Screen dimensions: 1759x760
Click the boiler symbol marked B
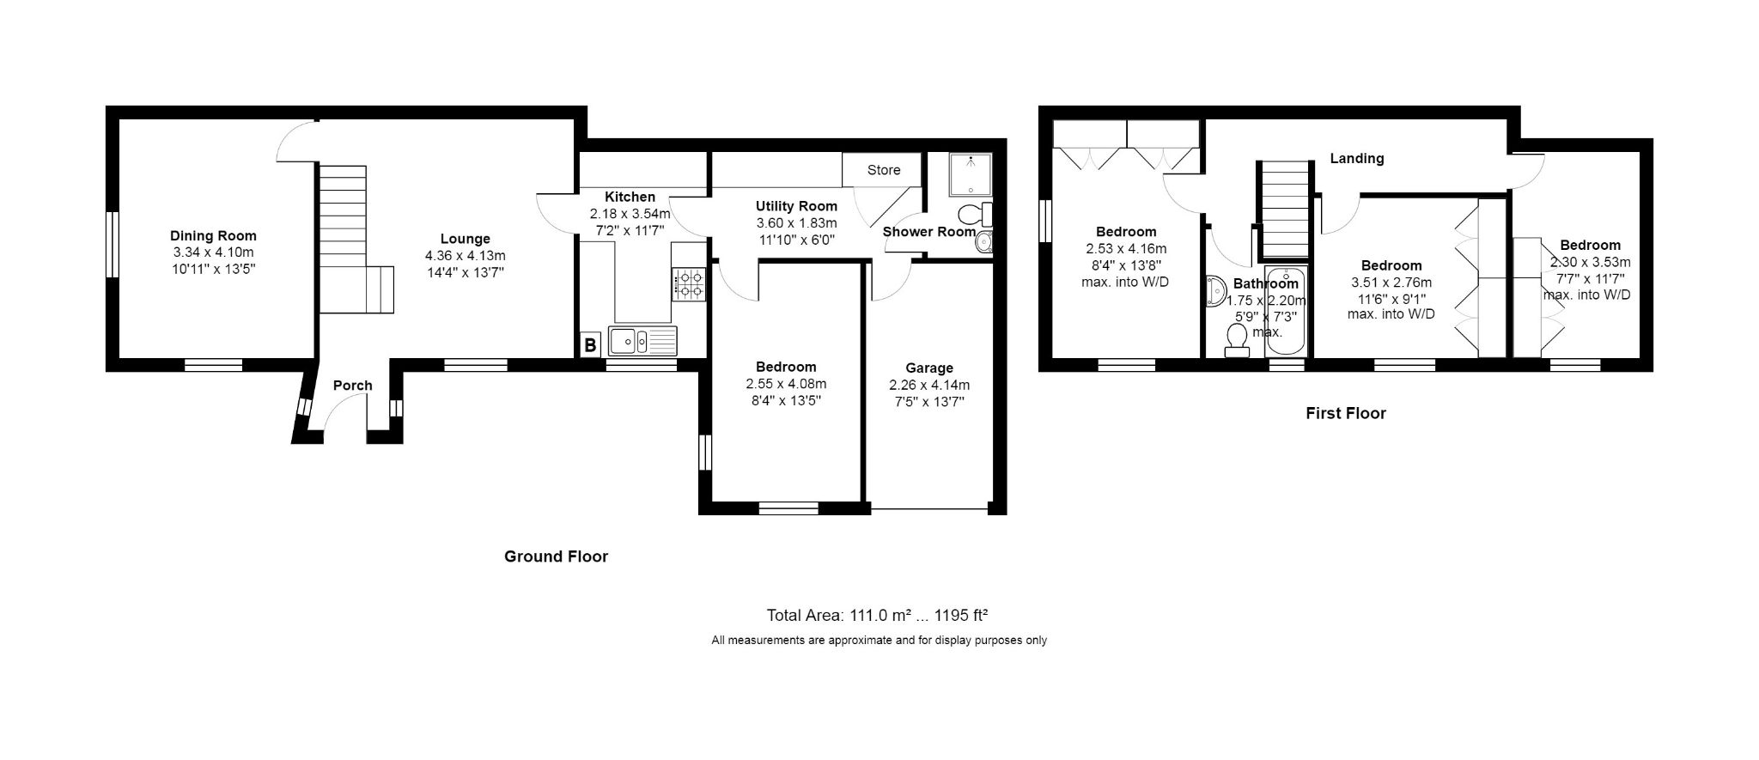[589, 345]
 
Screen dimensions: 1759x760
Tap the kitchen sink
[642, 341]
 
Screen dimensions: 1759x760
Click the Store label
[883, 170]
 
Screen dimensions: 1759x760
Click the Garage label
[928, 368]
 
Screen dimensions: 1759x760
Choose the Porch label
[352, 385]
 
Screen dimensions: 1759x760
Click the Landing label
[1357, 158]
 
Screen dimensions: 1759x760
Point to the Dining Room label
[213, 236]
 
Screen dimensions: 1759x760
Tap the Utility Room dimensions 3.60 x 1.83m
[796, 222]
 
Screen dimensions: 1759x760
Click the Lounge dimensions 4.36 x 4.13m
[465, 255]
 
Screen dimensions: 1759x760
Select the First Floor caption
[1346, 413]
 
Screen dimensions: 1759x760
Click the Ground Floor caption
[556, 556]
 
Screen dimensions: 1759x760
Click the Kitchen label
[630, 197]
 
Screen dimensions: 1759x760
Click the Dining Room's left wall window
[112, 244]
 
